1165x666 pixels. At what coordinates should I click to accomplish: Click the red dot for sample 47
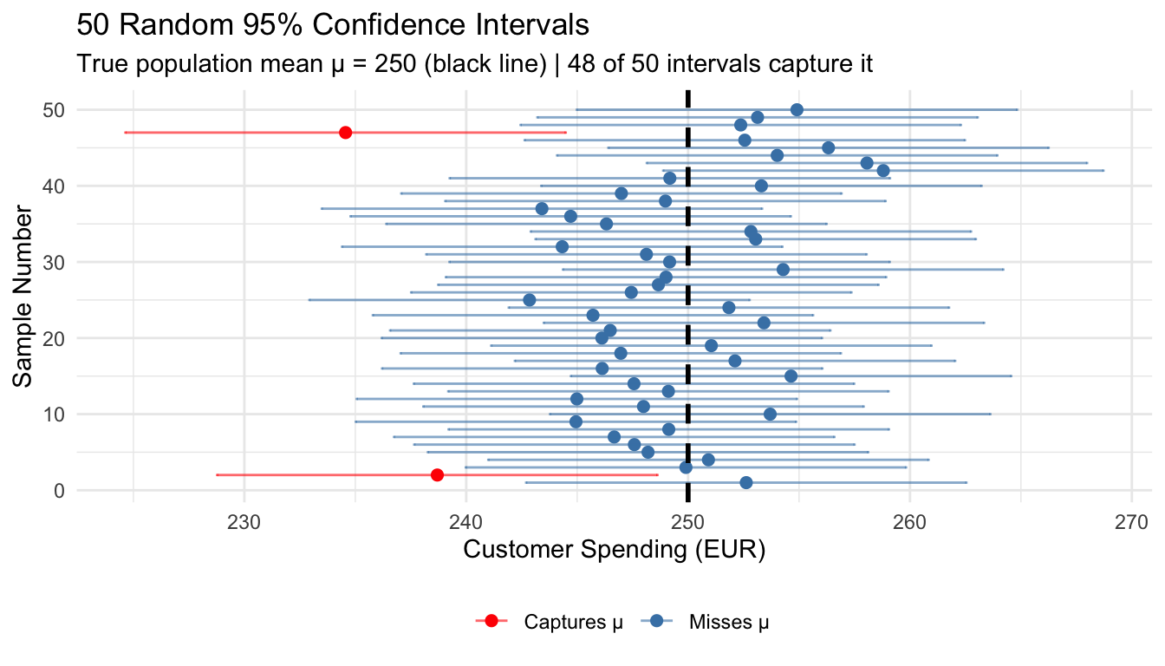pyautogui.click(x=346, y=133)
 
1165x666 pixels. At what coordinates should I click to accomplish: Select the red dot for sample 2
pyautogui.click(x=437, y=475)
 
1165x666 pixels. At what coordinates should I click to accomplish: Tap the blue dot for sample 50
pyautogui.click(x=797, y=110)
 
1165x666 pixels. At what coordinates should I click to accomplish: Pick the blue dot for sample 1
pyautogui.click(x=746, y=482)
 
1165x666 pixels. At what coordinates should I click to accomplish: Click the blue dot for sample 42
pyautogui.click(x=883, y=171)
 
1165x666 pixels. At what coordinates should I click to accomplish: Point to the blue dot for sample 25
pyautogui.click(x=530, y=300)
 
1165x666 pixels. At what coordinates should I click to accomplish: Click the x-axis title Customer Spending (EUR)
pyautogui.click(x=615, y=552)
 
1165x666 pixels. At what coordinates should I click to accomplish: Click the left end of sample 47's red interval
pyautogui.click(x=125, y=133)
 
